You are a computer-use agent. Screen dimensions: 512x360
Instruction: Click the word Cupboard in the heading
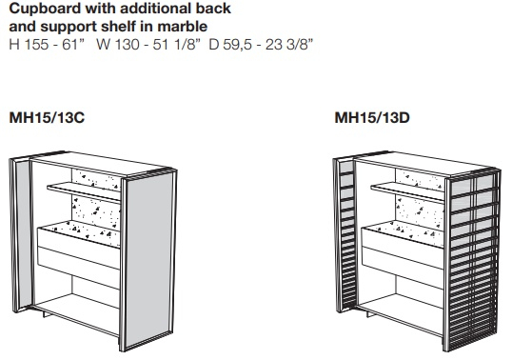[x=45, y=9]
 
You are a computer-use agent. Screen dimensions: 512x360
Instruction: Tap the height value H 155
[x=30, y=44]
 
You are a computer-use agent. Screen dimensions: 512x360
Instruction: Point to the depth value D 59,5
[x=230, y=44]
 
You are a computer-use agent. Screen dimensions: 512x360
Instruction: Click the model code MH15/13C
[x=47, y=117]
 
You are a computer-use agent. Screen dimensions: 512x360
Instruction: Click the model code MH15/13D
[x=372, y=117]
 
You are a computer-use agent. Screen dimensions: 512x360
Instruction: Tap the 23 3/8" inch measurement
[x=289, y=44]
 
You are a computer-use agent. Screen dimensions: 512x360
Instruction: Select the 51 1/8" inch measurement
[x=176, y=44]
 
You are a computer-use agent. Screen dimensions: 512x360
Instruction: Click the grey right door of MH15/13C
[x=149, y=260]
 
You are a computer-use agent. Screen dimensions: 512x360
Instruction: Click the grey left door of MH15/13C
[x=22, y=234]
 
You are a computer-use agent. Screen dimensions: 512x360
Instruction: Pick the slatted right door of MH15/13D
[x=472, y=260]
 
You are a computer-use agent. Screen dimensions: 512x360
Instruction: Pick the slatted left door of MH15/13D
[x=345, y=234]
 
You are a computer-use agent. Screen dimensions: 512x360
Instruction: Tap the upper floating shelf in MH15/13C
[x=84, y=191]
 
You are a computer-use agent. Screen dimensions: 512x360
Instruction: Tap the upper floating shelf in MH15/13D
[x=407, y=191]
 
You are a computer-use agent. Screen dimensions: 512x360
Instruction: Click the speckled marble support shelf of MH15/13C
[x=82, y=232]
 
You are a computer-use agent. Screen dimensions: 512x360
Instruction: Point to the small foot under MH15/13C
[x=46, y=314]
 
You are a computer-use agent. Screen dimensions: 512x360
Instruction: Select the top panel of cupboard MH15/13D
[x=422, y=164]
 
